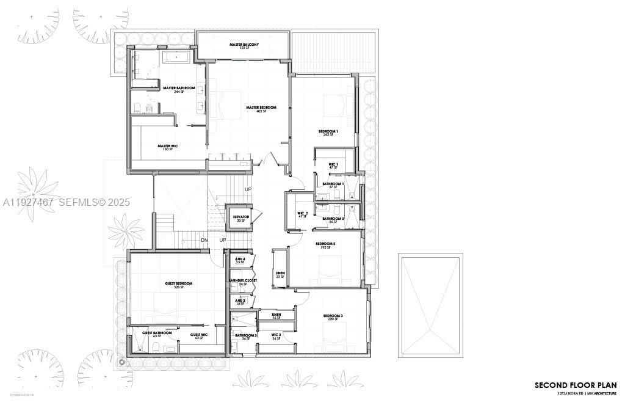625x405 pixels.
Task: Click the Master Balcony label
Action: tap(244, 45)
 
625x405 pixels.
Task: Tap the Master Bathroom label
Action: tap(179, 88)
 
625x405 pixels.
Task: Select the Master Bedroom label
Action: tap(261, 108)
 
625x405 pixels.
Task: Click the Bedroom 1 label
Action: tap(328, 131)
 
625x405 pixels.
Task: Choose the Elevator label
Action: tap(241, 217)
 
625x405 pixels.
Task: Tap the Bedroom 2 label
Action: tap(325, 244)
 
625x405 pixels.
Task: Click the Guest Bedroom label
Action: tap(178, 283)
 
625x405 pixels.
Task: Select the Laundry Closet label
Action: tap(243, 280)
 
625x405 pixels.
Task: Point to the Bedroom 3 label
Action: tap(333, 316)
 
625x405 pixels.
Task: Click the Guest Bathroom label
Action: tap(157, 333)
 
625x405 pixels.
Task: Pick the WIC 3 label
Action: tap(276, 335)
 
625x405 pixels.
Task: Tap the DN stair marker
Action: tap(204, 240)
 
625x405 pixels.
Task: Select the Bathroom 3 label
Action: tap(246, 335)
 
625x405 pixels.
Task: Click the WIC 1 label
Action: tap(333, 164)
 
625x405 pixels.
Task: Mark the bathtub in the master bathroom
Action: tap(178, 59)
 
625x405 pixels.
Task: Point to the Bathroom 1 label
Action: tap(333, 184)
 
